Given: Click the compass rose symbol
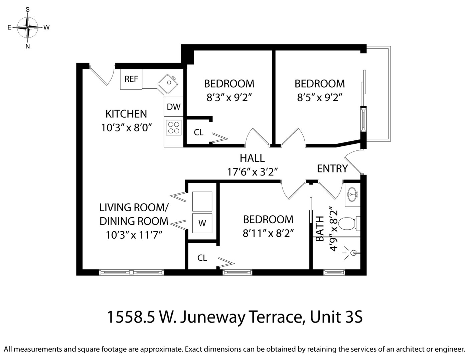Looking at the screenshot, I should click(x=28, y=27).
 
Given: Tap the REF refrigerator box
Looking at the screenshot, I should click(x=131, y=79).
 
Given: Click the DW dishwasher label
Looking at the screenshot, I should click(x=173, y=107).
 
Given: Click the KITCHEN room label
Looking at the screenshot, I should click(x=126, y=114).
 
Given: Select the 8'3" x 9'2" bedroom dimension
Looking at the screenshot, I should click(x=229, y=98).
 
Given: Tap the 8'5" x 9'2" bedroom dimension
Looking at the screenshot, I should click(x=320, y=98).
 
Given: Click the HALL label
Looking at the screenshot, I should click(x=252, y=158).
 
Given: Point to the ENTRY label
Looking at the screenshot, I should click(x=332, y=169).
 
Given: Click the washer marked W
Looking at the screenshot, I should click(x=202, y=223).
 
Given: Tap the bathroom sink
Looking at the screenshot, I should click(x=352, y=194).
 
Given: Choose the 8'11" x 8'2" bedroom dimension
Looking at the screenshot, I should click(x=268, y=233).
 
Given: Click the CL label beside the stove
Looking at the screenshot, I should click(x=198, y=133).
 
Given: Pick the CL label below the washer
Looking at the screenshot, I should click(x=202, y=258).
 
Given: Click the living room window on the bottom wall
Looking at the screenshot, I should click(x=131, y=272).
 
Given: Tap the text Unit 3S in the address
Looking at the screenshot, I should click(x=336, y=317).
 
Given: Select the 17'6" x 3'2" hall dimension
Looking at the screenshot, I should click(x=253, y=172).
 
